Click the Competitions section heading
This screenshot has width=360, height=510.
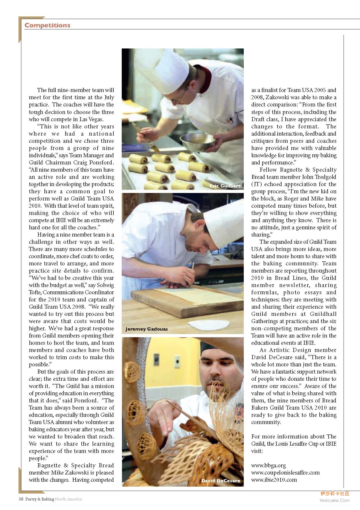pyautogui.click(x=47, y=25)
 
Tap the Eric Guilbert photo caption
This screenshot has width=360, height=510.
pyautogui.click(x=225, y=186)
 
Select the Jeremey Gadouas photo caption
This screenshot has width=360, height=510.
pyautogui.click(x=146, y=329)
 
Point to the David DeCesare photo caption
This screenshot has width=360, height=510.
pyautogui.click(x=221, y=481)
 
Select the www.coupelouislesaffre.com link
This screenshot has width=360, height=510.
pyautogui.click(x=285, y=472)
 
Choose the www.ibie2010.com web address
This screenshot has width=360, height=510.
pyautogui.click(x=274, y=480)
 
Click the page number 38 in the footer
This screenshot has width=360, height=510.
pyautogui.click(x=21, y=499)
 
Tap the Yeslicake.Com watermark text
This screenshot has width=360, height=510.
pyautogui.click(x=334, y=500)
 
